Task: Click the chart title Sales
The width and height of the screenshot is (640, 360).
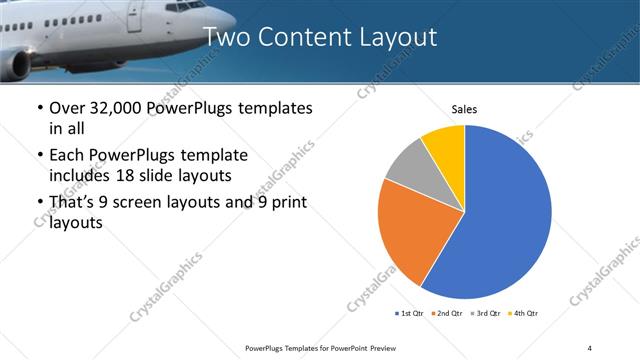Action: [x=465, y=108]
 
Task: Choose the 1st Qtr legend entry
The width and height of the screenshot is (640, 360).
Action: [x=411, y=314]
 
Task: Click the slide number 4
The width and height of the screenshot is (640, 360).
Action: [x=589, y=347]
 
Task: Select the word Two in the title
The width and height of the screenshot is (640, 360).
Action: [x=227, y=37]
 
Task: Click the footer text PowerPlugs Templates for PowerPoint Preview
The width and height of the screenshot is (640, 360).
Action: [x=319, y=347]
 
